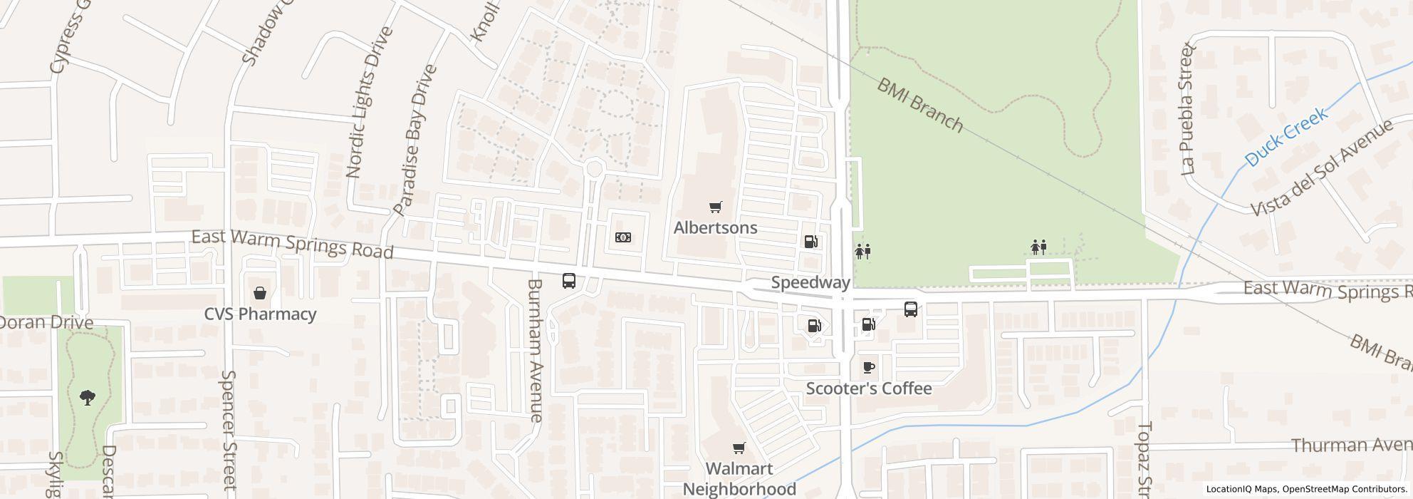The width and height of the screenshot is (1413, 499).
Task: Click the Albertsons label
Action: coord(715,228)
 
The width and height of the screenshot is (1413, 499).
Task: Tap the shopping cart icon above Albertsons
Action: coord(715,207)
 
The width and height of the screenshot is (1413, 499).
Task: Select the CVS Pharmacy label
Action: coord(260,314)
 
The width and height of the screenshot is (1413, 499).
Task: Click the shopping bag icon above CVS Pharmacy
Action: coord(260,293)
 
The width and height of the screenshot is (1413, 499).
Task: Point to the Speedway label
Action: coord(810,283)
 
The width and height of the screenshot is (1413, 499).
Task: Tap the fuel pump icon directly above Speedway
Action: coord(810,242)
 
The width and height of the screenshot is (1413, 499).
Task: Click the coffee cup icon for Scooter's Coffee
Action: coord(868,368)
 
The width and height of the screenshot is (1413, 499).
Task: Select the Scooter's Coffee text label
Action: coord(868,389)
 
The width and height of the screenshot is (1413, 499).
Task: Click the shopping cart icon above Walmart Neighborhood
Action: coord(739,448)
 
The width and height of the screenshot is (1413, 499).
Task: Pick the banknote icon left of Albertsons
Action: coord(622,237)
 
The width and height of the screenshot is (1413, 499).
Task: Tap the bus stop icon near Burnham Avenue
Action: coord(568,281)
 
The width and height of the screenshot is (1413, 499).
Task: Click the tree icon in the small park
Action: coord(88,397)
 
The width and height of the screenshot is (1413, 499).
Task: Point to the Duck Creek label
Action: coord(1286,137)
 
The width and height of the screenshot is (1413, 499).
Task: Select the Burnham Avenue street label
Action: coord(536,350)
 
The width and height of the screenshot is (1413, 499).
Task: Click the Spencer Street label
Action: coord(229,430)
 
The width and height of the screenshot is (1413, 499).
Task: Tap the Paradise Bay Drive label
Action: coord(414,140)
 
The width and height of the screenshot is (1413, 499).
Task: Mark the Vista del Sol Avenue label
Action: coord(1322,168)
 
